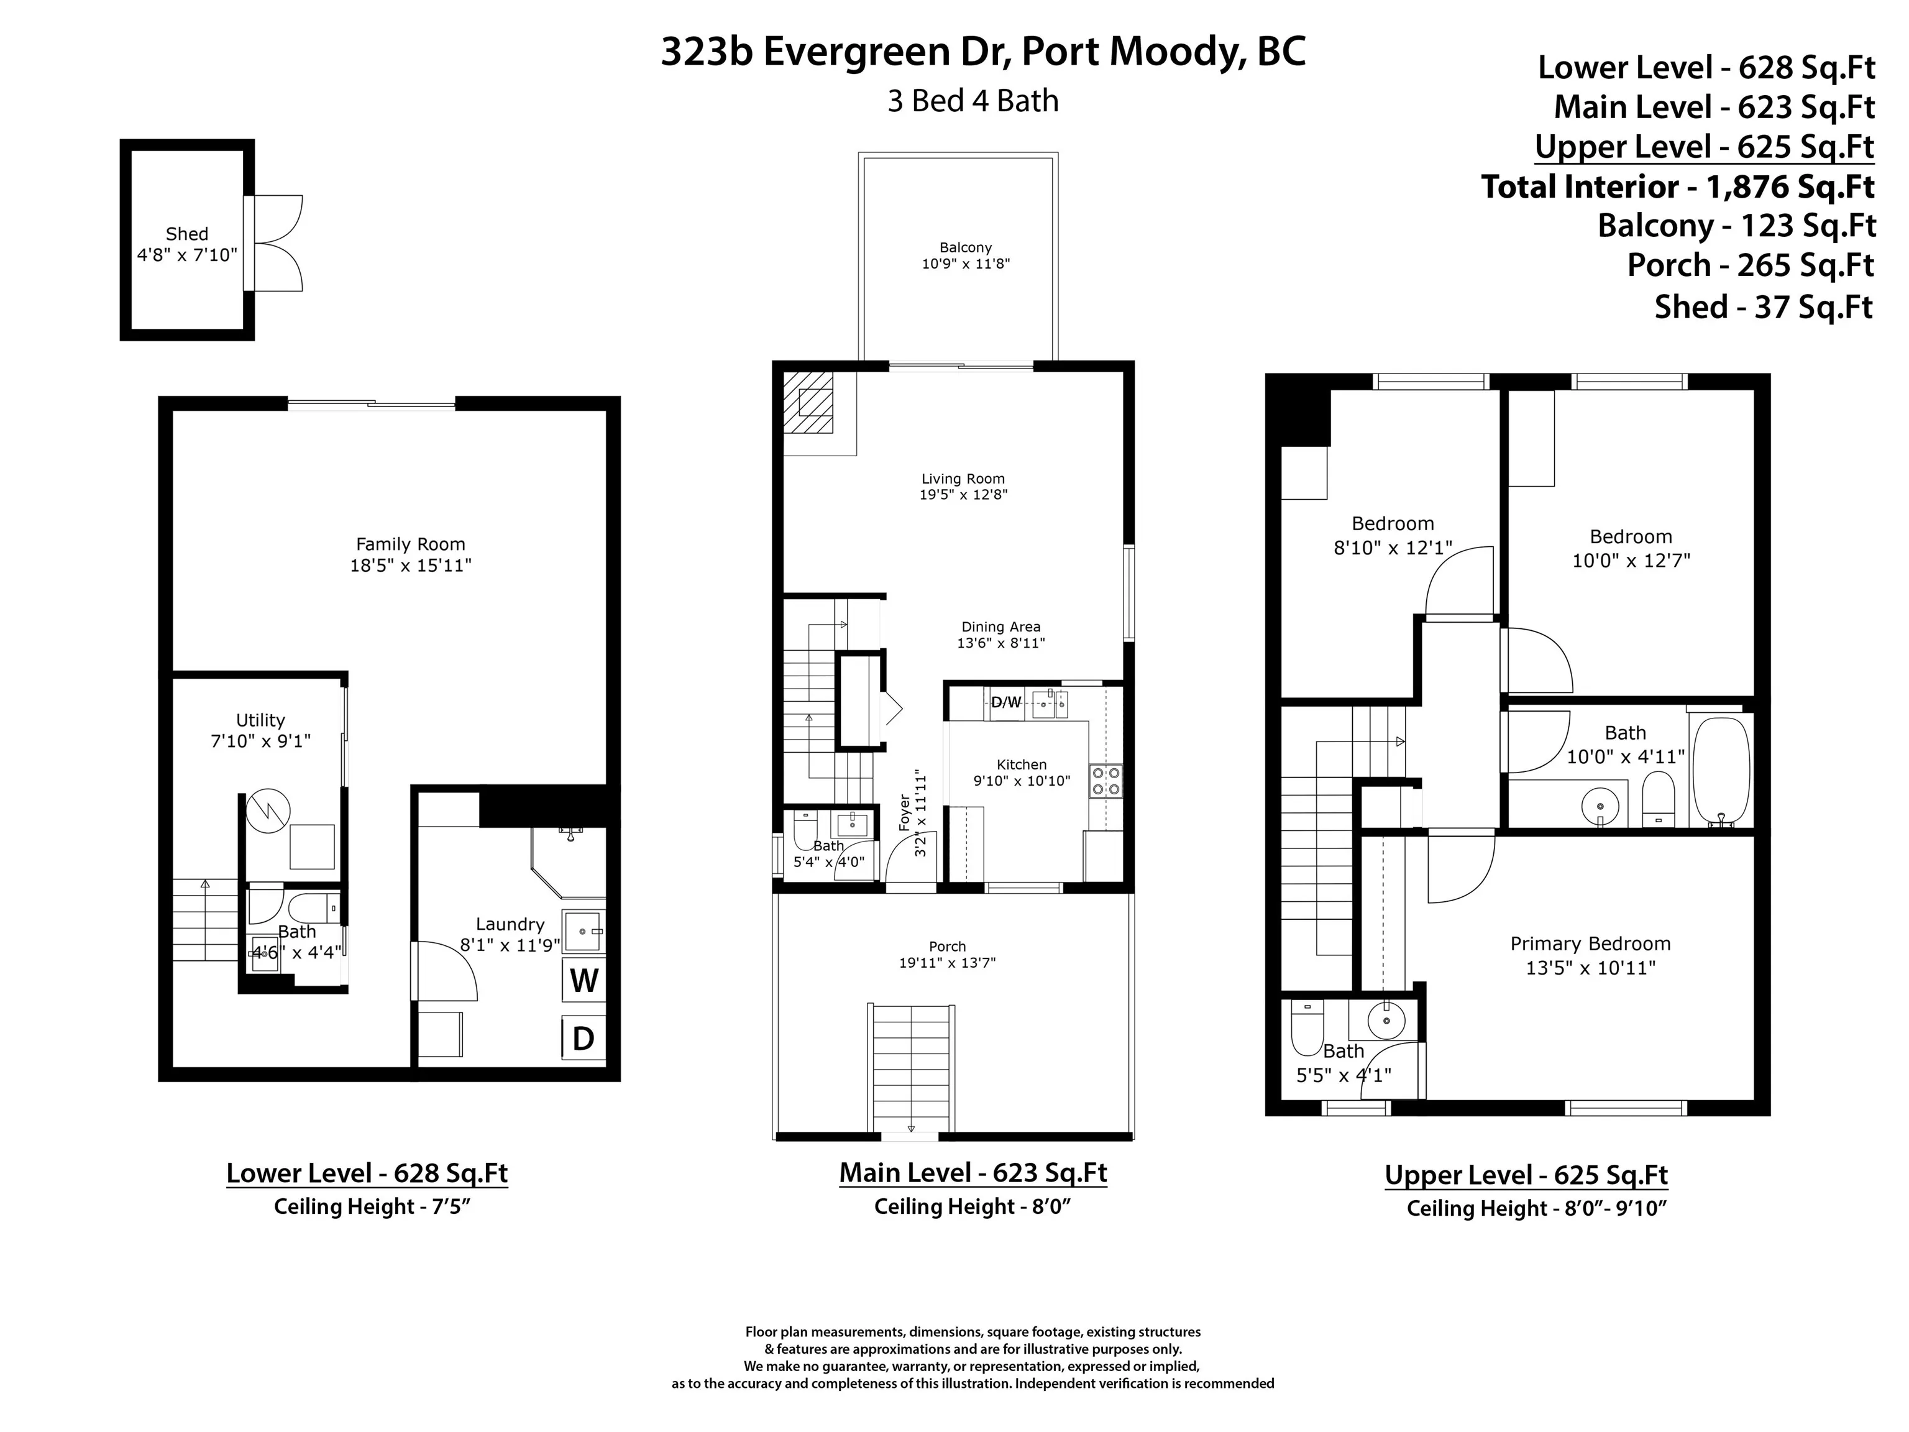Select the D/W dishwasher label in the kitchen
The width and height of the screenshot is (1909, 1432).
(x=1005, y=702)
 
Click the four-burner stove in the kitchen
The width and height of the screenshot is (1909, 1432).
(x=1106, y=780)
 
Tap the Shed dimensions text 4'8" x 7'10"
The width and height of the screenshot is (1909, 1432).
(x=187, y=255)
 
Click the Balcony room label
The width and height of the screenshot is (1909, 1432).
(x=966, y=248)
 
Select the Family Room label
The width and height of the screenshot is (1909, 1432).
(x=411, y=544)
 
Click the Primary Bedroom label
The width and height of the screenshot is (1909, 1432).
(x=1590, y=943)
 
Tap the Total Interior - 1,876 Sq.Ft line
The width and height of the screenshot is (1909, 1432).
(x=1677, y=186)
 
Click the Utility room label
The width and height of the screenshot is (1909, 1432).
(x=260, y=720)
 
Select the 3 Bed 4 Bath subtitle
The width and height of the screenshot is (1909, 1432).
(x=973, y=101)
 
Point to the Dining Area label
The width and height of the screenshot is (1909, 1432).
(x=1001, y=626)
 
